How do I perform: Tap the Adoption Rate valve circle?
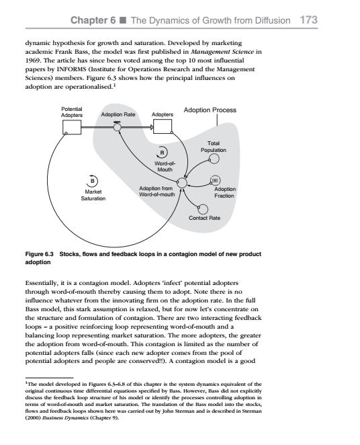coord(117,126)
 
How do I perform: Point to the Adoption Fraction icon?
coord(216,180)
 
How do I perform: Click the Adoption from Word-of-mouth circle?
coord(181,181)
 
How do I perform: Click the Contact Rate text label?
coord(204,219)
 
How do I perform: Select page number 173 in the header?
coord(309,20)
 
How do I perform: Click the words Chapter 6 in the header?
coord(103,20)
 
